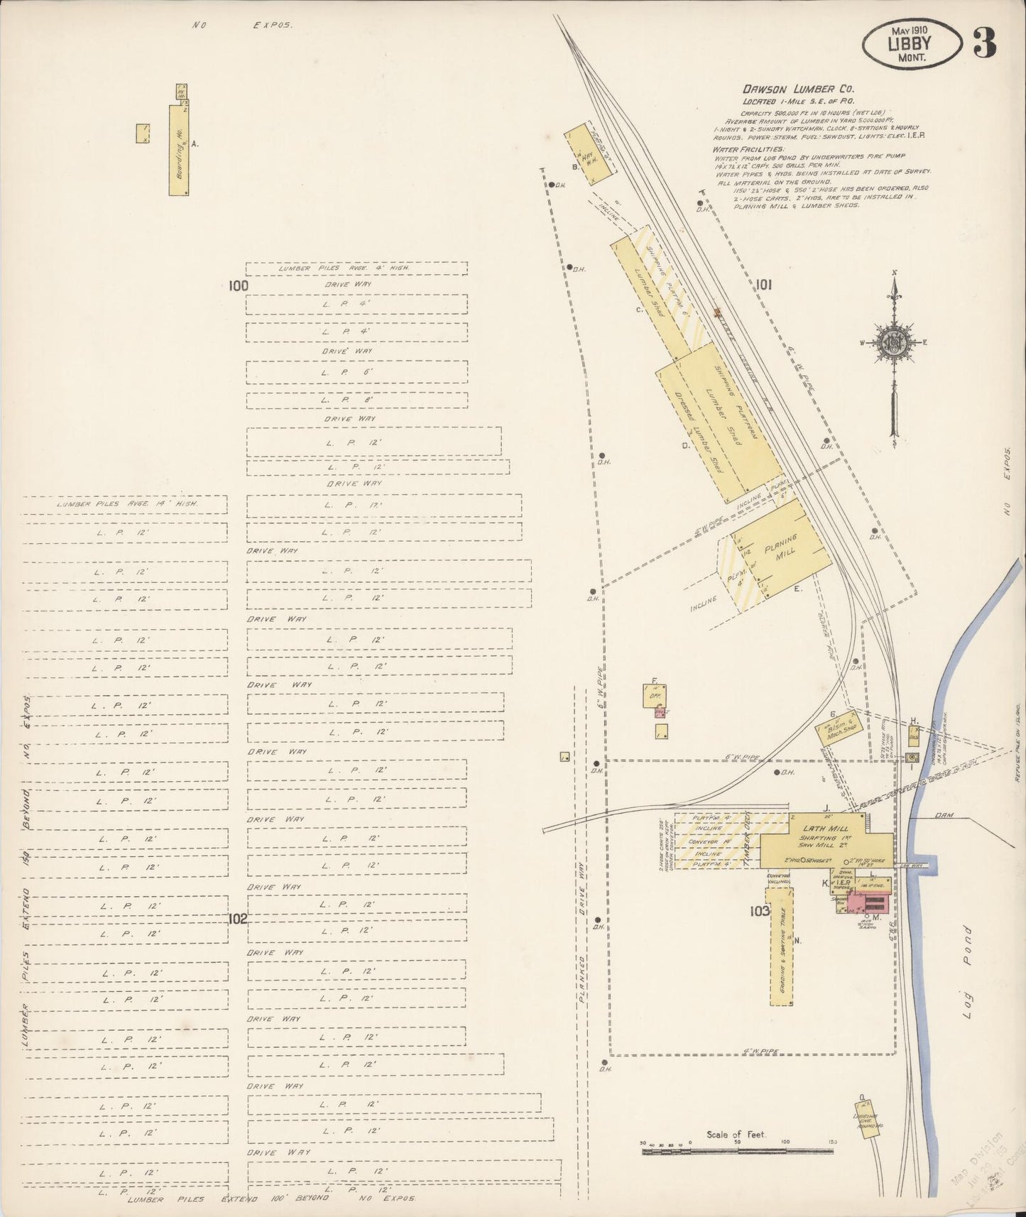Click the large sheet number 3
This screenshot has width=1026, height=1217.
984,44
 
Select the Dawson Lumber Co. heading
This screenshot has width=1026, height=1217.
798,89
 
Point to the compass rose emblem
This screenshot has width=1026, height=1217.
893,342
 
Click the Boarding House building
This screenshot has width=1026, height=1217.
179,151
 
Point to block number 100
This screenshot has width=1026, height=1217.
238,285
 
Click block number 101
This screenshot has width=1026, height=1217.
763,285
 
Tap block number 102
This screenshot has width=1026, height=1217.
237,919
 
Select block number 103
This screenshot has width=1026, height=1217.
759,911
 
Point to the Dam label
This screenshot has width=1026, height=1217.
942,815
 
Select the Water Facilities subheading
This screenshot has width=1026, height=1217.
748,150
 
